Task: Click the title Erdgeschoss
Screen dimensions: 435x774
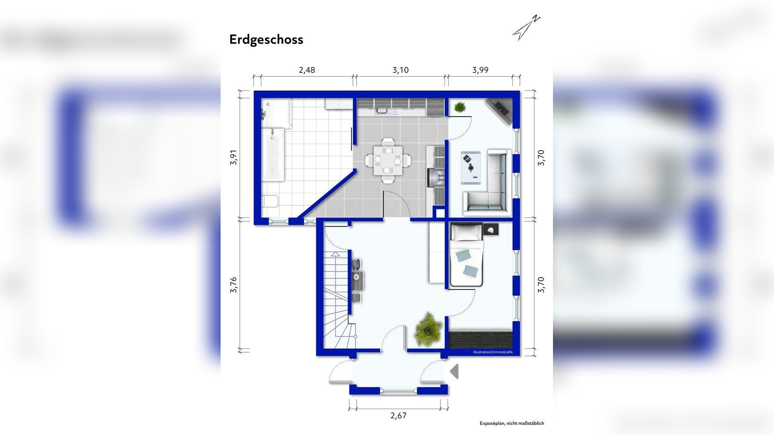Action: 266,39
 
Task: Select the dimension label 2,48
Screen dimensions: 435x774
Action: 306,70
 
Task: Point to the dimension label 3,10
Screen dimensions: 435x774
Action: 401,70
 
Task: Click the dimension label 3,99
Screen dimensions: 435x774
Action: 480,70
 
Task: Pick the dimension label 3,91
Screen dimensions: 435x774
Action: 234,157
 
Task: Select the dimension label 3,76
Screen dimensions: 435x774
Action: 234,284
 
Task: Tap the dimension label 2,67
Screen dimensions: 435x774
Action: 399,415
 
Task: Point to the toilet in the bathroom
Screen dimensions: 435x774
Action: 270,201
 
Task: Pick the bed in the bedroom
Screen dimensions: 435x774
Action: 466,255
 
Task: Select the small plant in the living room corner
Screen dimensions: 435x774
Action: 460,107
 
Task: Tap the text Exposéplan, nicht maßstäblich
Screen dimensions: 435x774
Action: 512,423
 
